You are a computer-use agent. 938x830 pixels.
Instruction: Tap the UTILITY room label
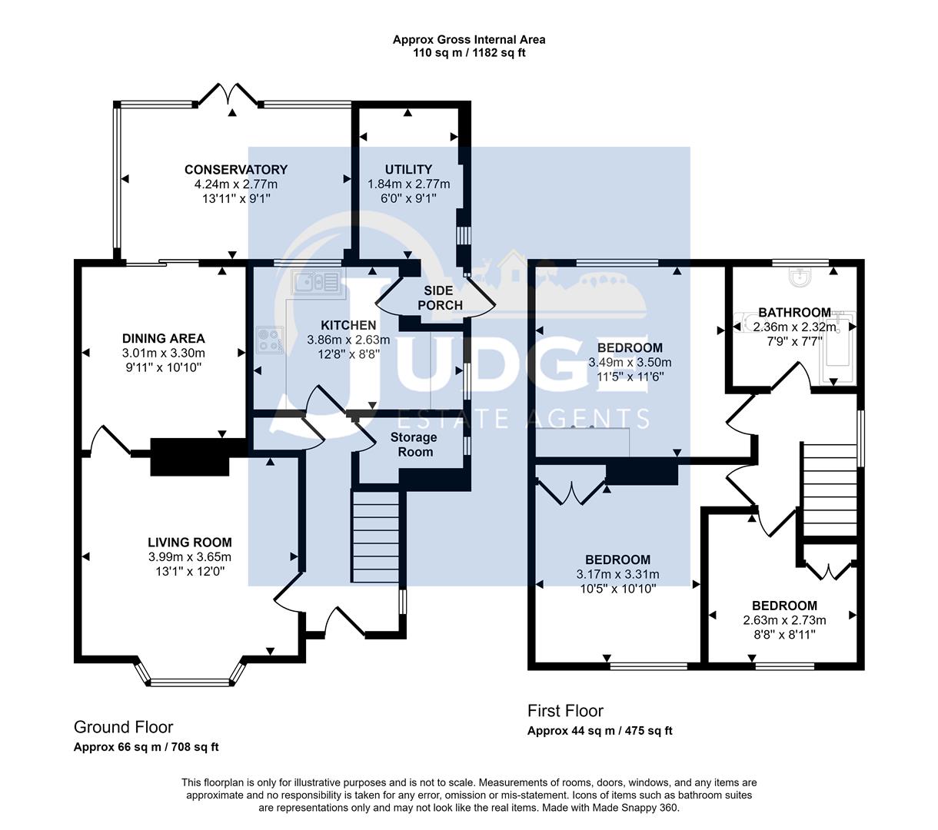(x=408, y=170)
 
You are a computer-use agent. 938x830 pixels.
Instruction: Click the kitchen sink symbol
(x=315, y=283)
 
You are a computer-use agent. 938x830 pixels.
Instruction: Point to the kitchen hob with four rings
(x=270, y=340)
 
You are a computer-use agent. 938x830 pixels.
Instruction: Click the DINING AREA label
(x=164, y=338)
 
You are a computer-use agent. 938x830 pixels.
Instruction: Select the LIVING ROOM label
(x=190, y=542)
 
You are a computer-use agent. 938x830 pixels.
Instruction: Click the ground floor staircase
(x=376, y=538)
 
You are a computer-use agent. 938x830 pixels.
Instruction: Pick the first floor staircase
(x=829, y=492)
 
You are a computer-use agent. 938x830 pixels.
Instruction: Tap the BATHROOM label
(x=794, y=312)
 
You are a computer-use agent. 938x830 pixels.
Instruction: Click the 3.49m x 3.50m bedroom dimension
(x=630, y=363)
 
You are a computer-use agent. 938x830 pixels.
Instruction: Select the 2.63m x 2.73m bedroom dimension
(x=784, y=620)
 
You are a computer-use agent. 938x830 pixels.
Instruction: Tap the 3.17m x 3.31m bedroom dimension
(x=617, y=574)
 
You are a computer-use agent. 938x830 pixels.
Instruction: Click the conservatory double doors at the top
(x=228, y=96)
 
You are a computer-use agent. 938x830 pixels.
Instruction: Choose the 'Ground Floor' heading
(x=123, y=727)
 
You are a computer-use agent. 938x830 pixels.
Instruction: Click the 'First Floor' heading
(x=565, y=711)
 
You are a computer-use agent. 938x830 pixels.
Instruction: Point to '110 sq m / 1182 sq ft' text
(x=469, y=53)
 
